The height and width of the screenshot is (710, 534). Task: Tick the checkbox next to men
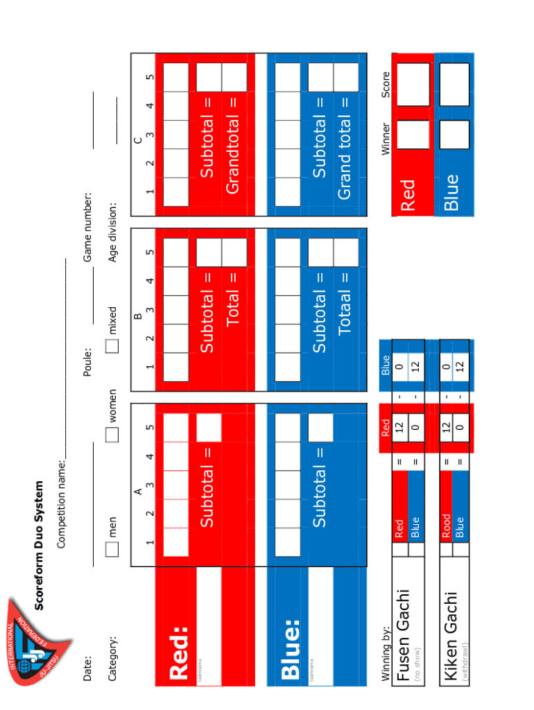(x=112, y=550)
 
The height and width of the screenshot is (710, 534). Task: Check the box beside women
(x=112, y=435)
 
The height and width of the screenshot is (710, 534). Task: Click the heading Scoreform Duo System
(x=40, y=546)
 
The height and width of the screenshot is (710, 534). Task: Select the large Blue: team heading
(x=290, y=649)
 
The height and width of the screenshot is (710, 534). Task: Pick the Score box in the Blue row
(x=454, y=84)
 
